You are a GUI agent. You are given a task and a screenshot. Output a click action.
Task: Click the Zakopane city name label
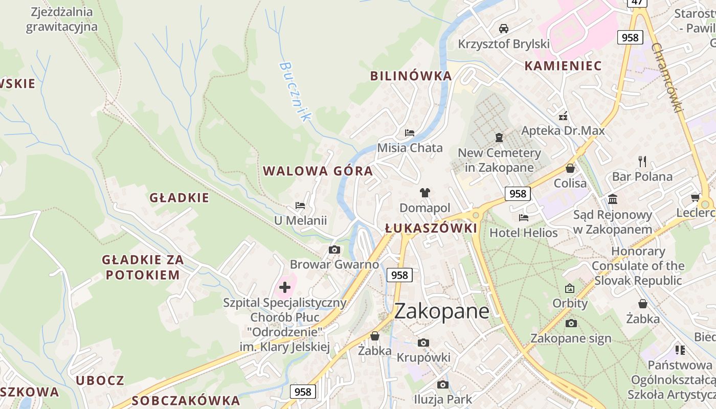pyautogui.click(x=442, y=311)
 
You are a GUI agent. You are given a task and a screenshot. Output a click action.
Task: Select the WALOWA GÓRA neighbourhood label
pyautogui.click(x=318, y=171)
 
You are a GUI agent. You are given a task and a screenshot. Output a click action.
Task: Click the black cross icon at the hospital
pyautogui.click(x=285, y=287)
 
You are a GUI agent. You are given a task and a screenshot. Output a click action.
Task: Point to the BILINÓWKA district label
pyautogui.click(x=411, y=76)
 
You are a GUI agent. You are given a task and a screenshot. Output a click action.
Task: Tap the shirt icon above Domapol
pyautogui.click(x=424, y=193)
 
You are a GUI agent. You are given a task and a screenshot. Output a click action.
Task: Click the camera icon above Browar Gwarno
pyautogui.click(x=334, y=249)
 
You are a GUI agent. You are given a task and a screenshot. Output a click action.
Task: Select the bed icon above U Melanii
pyautogui.click(x=300, y=206)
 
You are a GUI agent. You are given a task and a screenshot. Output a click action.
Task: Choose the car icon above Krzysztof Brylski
pyautogui.click(x=504, y=28)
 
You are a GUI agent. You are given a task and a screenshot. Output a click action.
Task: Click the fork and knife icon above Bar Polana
pyautogui.click(x=643, y=162)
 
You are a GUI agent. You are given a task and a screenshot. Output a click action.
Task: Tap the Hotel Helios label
pyautogui.click(x=524, y=233)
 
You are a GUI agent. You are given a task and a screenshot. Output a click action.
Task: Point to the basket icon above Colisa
pyautogui.click(x=570, y=168)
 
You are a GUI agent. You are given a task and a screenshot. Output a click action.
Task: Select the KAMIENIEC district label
pyautogui.click(x=563, y=65)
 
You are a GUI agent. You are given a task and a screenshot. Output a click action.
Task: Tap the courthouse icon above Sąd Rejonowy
pyautogui.click(x=612, y=199)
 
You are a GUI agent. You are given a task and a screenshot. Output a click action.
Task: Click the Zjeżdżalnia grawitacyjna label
pyautogui.click(x=61, y=19)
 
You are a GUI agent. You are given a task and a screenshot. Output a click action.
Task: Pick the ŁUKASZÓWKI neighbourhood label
pyautogui.click(x=431, y=229)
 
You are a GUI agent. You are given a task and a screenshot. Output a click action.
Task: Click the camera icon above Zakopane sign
pyautogui.click(x=571, y=323)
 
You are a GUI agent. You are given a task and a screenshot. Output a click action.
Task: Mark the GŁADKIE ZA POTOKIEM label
pyautogui.click(x=142, y=267)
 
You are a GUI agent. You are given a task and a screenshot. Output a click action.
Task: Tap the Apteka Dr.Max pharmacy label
pyautogui.click(x=563, y=130)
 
